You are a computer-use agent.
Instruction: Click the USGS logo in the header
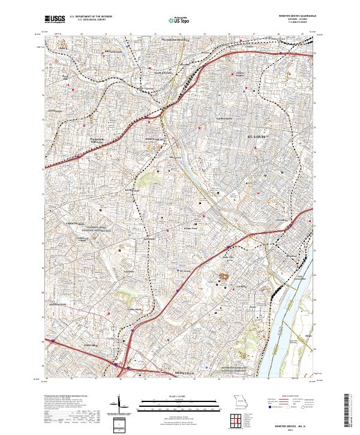click(55, 19)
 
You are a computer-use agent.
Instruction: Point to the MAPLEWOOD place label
click(163, 72)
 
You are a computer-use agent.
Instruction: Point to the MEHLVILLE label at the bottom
click(176, 373)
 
